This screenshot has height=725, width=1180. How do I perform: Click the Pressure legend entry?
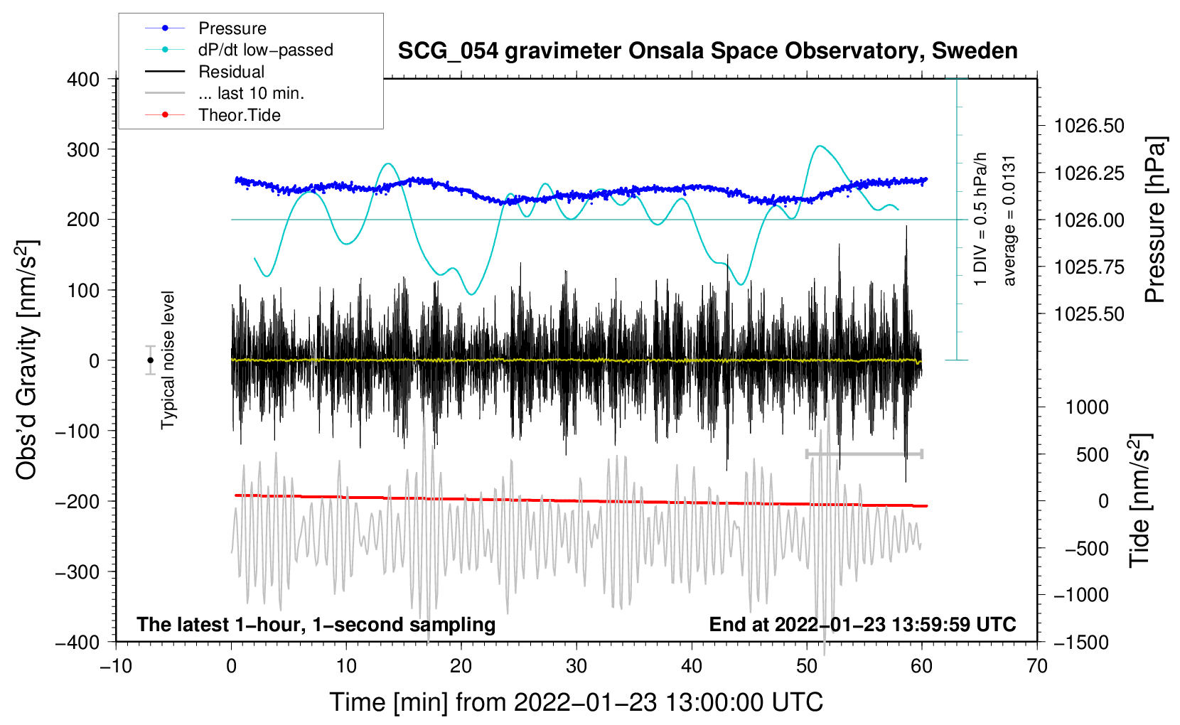pyautogui.click(x=232, y=28)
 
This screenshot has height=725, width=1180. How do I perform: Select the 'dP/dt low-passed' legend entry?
pyautogui.click(x=265, y=50)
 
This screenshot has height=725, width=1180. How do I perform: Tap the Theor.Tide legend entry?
pyautogui.click(x=239, y=115)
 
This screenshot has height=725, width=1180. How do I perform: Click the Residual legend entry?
pyautogui.click(x=231, y=72)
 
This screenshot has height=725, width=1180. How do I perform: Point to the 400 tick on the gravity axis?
pyautogui.click(x=84, y=79)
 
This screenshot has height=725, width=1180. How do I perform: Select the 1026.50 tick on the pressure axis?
pyautogui.click(x=1089, y=126)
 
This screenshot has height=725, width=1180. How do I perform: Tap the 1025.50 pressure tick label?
pyautogui.click(x=1089, y=313)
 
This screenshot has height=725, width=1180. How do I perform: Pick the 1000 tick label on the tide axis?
pyautogui.click(x=1087, y=407)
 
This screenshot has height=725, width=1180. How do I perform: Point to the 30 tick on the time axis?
pyautogui.click(x=576, y=666)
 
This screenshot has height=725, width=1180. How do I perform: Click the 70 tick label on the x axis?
pyautogui.click(x=1037, y=666)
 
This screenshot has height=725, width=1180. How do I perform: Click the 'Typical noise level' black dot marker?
pyautogui.click(x=150, y=360)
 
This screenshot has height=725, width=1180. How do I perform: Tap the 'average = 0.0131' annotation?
pyautogui.click(x=1009, y=220)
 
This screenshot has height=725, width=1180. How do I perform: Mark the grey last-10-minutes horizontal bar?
pyautogui.click(x=864, y=453)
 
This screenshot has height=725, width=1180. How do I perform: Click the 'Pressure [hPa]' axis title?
pyautogui.click(x=1156, y=220)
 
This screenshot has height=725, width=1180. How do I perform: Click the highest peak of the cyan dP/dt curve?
pyautogui.click(x=820, y=146)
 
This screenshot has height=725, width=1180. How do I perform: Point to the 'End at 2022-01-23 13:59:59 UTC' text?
pyautogui.click(x=862, y=624)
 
